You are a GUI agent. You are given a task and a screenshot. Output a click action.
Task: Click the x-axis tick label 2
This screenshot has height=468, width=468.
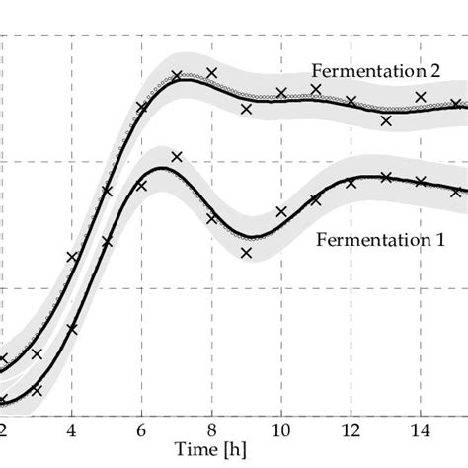(4, 430)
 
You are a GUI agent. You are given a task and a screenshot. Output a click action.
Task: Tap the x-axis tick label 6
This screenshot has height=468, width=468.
(142, 430)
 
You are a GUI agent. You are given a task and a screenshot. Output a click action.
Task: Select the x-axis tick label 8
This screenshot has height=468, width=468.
(212, 430)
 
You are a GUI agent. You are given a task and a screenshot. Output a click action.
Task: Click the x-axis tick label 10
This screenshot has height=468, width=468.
(281, 430)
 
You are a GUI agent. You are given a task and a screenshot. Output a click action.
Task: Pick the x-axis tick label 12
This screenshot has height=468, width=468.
(351, 430)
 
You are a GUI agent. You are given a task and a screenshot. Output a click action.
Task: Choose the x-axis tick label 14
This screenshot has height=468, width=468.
(421, 430)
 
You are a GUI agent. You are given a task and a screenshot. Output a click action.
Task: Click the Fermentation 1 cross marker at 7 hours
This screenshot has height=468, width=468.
(177, 156)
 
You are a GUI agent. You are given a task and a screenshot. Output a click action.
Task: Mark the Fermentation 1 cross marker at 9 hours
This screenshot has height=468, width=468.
(246, 253)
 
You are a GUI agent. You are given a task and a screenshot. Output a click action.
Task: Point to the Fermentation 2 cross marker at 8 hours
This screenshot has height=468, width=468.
(211, 72)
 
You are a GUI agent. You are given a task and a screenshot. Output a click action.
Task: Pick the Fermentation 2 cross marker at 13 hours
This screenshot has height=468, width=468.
(386, 121)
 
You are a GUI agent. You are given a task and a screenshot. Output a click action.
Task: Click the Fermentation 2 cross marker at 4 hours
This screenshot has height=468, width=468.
(72, 257)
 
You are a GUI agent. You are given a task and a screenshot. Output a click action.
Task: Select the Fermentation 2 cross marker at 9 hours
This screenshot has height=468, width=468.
(246, 110)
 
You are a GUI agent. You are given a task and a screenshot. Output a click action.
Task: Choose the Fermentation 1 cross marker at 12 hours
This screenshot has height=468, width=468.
(351, 183)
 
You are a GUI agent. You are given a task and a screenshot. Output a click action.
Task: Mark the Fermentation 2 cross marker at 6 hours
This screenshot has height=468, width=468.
(142, 108)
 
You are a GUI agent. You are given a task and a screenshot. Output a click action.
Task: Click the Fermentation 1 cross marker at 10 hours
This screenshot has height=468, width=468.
(281, 211)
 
